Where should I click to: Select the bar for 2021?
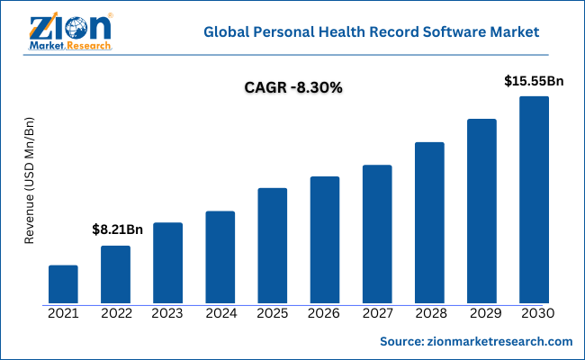(x=63, y=284)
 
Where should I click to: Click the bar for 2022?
(x=115, y=274)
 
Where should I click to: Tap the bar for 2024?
(x=220, y=257)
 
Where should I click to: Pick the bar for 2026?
(x=325, y=240)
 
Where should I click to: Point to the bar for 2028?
(x=429, y=223)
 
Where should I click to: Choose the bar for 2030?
(x=534, y=200)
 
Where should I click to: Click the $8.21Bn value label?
(x=118, y=229)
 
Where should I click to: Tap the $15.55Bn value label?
(x=534, y=81)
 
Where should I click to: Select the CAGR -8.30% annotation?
(x=292, y=88)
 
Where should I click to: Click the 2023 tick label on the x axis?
(x=168, y=314)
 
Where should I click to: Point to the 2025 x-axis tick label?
(x=273, y=314)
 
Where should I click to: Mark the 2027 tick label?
(x=377, y=314)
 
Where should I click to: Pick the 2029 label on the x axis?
(x=481, y=314)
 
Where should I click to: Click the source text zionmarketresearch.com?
(x=476, y=342)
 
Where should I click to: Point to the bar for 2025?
(x=273, y=246)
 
